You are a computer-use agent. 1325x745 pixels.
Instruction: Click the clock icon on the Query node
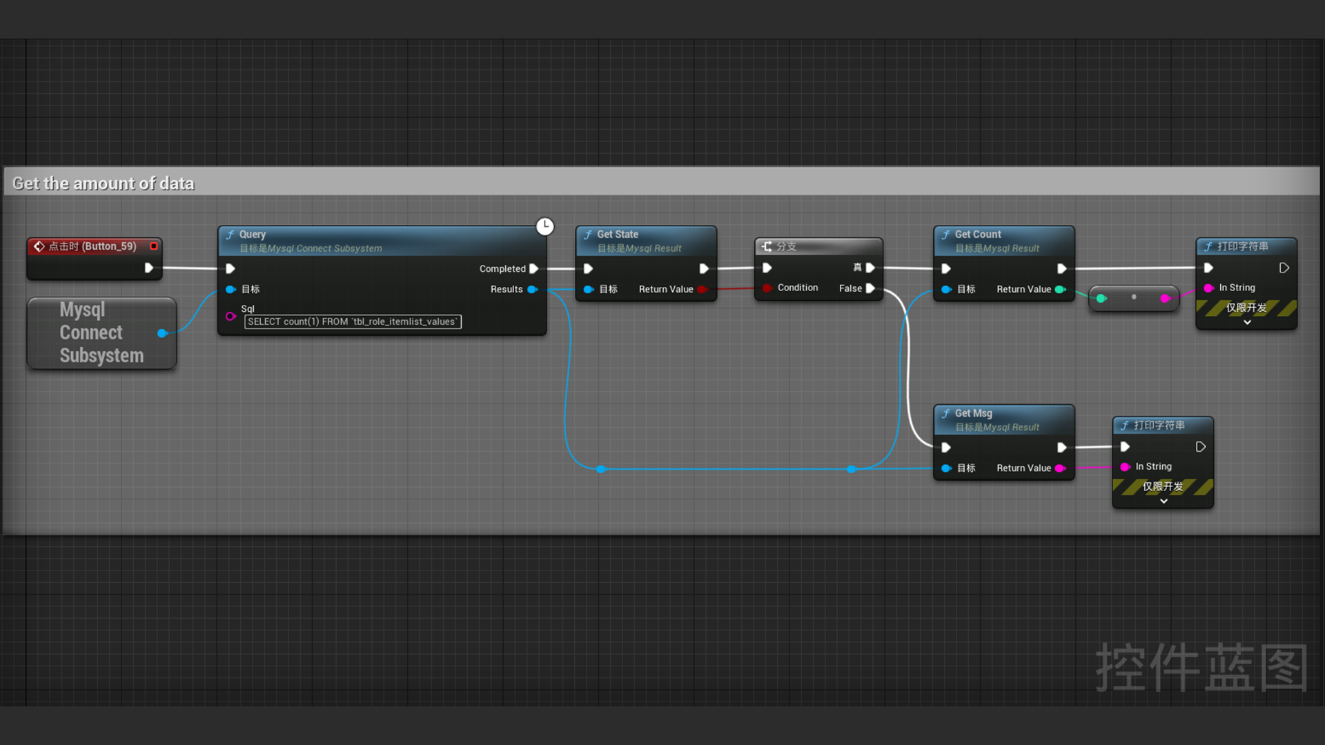tap(545, 226)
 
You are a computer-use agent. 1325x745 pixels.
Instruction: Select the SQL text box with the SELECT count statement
tap(353, 321)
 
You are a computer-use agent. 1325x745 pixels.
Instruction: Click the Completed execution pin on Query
tap(533, 268)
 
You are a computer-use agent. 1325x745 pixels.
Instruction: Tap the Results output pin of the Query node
tap(532, 289)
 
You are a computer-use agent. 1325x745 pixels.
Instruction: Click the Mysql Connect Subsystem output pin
tap(162, 333)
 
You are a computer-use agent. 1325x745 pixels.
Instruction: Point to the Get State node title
tap(617, 235)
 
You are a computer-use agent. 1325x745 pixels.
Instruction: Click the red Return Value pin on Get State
tap(702, 289)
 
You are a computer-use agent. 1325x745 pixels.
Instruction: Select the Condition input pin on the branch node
tap(767, 288)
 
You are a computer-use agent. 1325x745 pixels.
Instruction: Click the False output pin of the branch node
tap(870, 288)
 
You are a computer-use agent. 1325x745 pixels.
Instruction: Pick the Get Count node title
tap(977, 235)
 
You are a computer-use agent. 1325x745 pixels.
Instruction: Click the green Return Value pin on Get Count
tap(1060, 289)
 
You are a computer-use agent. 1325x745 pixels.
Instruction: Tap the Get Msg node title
tap(973, 413)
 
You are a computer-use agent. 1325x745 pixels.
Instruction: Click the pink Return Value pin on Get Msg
tap(1060, 468)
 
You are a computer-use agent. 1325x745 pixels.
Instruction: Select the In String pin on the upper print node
tap(1208, 288)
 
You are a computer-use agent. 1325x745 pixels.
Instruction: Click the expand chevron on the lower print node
tap(1164, 501)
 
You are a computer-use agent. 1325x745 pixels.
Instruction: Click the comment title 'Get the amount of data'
tap(104, 183)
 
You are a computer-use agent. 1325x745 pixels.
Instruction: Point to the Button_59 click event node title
tap(92, 246)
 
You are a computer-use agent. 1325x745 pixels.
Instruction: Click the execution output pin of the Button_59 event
tap(148, 268)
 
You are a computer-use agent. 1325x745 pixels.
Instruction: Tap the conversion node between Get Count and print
tap(1133, 298)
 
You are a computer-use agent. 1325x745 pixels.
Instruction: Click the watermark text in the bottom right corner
tap(1201, 667)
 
